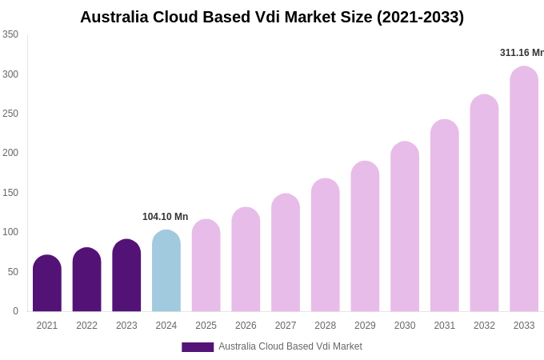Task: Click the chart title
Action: pyautogui.click(x=272, y=17)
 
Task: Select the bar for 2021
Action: pyautogui.click(x=47, y=284)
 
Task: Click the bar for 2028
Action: pyautogui.click(x=326, y=246)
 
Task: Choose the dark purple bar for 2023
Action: pyautogui.click(x=126, y=276)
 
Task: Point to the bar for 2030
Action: pyautogui.click(x=405, y=227)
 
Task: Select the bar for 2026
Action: pyautogui.click(x=246, y=260)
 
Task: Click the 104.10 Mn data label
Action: pyautogui.click(x=165, y=217)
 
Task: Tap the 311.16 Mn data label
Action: pyautogui.click(x=522, y=53)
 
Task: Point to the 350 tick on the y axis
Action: pyautogui.click(x=10, y=34)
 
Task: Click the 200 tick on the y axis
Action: pyautogui.click(x=10, y=153)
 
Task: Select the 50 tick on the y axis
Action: pyautogui.click(x=13, y=272)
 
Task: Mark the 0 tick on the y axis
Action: pyautogui.click(x=15, y=311)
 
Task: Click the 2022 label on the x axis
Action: pyautogui.click(x=86, y=326)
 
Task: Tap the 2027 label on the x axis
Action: pyautogui.click(x=286, y=326)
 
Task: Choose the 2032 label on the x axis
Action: pyautogui.click(x=484, y=326)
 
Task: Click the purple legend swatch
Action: pyautogui.click(x=198, y=347)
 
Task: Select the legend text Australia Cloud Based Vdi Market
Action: pyautogui.click(x=290, y=346)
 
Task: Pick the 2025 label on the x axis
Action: pyautogui.click(x=206, y=326)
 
